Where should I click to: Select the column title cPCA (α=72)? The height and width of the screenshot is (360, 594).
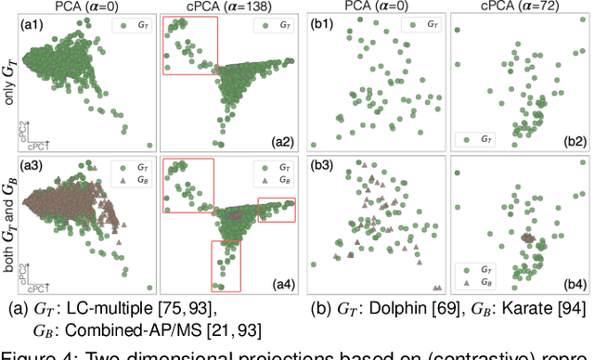pyautogui.click(x=520, y=7)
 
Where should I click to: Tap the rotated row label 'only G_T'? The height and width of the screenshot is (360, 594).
pyautogui.click(x=8, y=84)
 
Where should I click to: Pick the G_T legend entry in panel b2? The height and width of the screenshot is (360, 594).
pyautogui.click(x=480, y=138)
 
